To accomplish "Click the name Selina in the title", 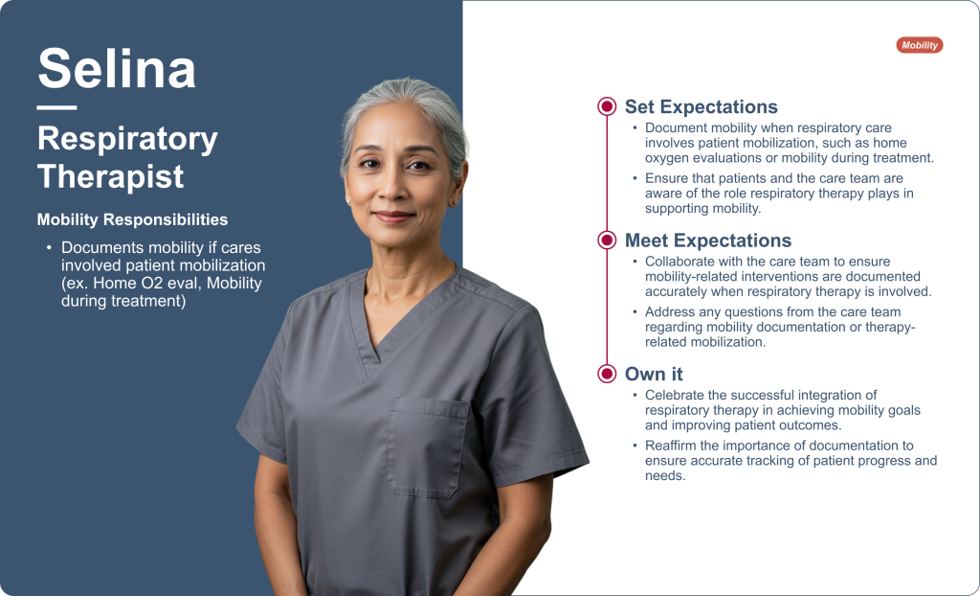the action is point(117,68).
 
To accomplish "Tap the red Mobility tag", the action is point(920,45).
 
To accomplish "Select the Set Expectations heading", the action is point(702,106).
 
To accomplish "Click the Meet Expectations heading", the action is point(708,241).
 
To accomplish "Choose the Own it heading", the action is point(654,374).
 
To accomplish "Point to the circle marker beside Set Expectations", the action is point(607,106).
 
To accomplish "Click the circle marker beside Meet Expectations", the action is point(607,240).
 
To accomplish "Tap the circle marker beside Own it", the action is point(607,374).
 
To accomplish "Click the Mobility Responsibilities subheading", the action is point(132,219).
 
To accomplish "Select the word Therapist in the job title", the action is point(111,176).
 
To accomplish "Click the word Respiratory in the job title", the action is point(127,139).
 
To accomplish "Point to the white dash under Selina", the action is point(56,107).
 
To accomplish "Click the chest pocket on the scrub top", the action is point(428,447).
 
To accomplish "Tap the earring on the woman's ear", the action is point(348,200).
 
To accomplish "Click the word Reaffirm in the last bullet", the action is point(672,446).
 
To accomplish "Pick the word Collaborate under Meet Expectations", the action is point(680,262).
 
